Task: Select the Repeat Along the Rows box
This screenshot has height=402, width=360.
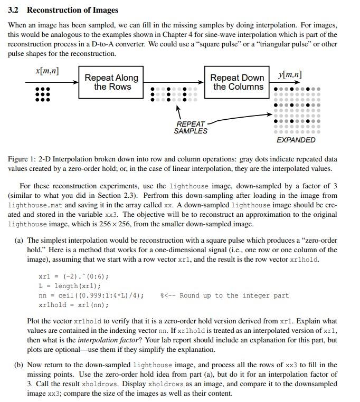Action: pyautogui.click(x=111, y=82)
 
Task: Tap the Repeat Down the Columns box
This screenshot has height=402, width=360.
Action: pyautogui.click(x=237, y=82)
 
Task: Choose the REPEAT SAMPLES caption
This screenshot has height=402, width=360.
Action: pyautogui.click(x=191, y=127)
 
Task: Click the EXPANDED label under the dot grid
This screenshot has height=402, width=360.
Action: pyautogui.click(x=296, y=140)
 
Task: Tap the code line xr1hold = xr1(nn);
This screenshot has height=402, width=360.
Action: pyautogui.click(x=73, y=305)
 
